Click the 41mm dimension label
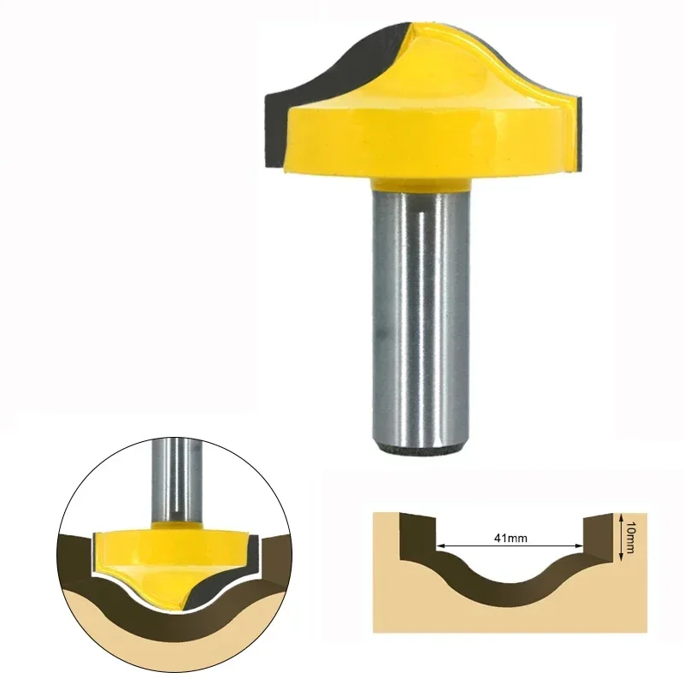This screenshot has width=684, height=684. [510, 538]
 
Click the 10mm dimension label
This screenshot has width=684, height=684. [629, 537]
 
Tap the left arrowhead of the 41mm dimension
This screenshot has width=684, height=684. [439, 545]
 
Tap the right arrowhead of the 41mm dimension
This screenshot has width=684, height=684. [580, 545]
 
